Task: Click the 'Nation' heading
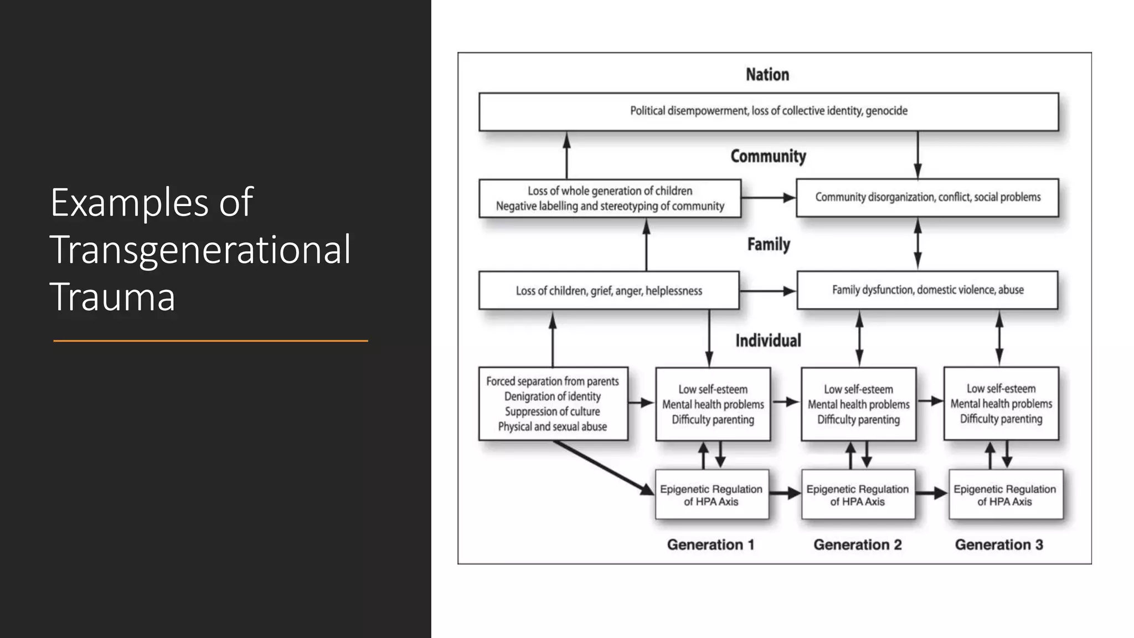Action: [x=767, y=75]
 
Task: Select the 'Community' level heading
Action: [x=768, y=157]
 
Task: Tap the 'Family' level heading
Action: [x=769, y=244]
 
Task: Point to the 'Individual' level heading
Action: [x=768, y=341]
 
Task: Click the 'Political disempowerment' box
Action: [x=769, y=111]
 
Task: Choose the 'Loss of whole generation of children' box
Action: [x=610, y=198]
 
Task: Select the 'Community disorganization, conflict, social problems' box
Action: [x=927, y=198]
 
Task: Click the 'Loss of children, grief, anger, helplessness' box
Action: [x=609, y=290]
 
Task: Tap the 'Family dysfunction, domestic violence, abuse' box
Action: [x=927, y=290]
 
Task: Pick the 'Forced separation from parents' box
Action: [x=553, y=404]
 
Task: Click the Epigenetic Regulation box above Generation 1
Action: [x=712, y=495]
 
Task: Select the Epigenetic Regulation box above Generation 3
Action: [x=1005, y=495]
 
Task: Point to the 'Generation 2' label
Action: [x=857, y=545]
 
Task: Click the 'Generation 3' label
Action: [x=999, y=545]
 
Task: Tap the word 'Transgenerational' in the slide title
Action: [x=200, y=250]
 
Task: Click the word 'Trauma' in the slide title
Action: [x=112, y=297]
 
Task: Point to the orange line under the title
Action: [x=210, y=341]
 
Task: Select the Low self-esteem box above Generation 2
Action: [x=858, y=404]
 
